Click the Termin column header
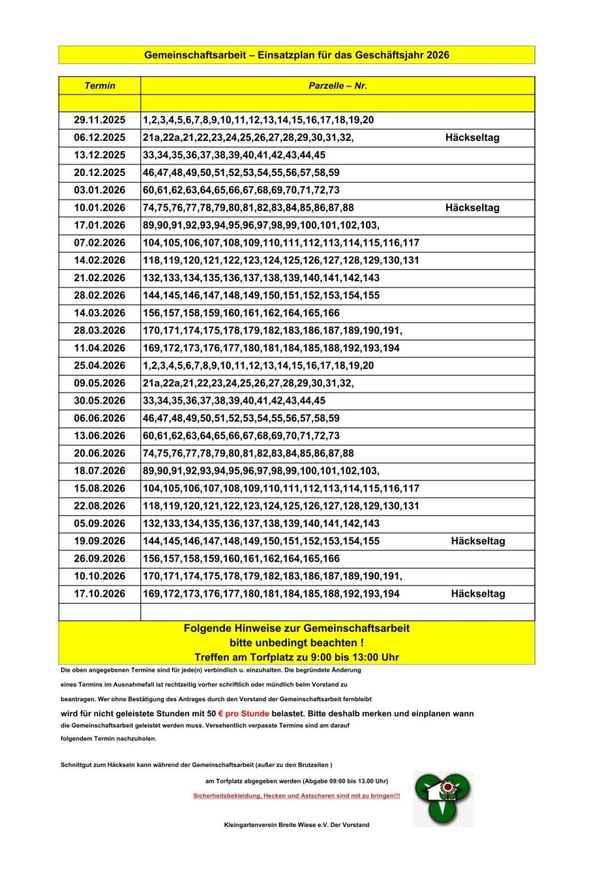[x=100, y=86]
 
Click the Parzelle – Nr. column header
[x=338, y=86]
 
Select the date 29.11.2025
[x=100, y=120]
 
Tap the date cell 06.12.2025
[x=100, y=138]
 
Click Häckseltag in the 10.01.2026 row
[x=472, y=208]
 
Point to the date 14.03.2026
[x=100, y=313]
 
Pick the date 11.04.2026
[x=100, y=348]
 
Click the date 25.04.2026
[x=100, y=366]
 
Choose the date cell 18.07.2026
[x=100, y=471]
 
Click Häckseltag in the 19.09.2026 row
[x=478, y=541]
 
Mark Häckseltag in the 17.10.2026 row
[x=478, y=593]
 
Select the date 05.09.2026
[x=100, y=523]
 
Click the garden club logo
[x=443, y=799]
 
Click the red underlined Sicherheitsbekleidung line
[x=296, y=796]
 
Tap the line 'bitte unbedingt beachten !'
[x=296, y=643]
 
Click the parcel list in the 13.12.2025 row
[x=234, y=155]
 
